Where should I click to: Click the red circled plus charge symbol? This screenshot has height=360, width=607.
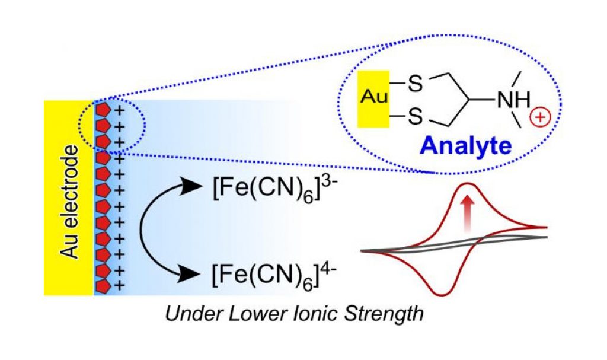click(542, 117)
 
